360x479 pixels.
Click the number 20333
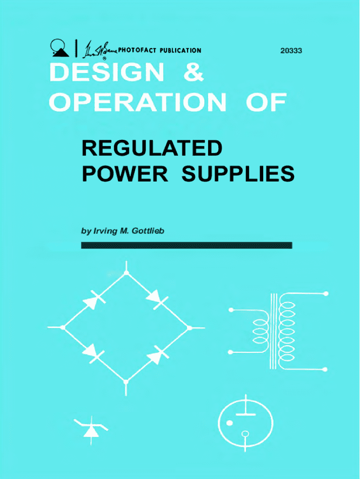[291, 50]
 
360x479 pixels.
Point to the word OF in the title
[266, 102]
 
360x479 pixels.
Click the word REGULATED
[151, 149]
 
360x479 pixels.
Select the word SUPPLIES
[238, 174]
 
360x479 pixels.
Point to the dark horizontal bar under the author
[187, 245]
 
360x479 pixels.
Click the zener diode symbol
[90, 428]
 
